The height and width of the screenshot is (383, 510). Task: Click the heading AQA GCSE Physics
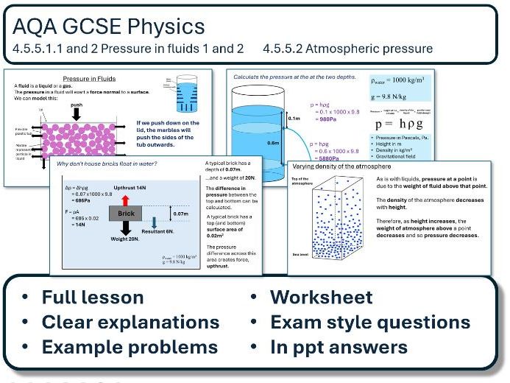point(108,27)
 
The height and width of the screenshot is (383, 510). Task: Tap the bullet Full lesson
point(92,298)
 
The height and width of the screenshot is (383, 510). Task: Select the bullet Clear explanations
point(130,323)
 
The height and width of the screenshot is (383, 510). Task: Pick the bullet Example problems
point(129,348)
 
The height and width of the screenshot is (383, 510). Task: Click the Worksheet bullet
point(322,298)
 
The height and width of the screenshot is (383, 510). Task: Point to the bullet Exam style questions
point(370,323)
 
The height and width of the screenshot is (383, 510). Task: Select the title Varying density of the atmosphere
point(344,166)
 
